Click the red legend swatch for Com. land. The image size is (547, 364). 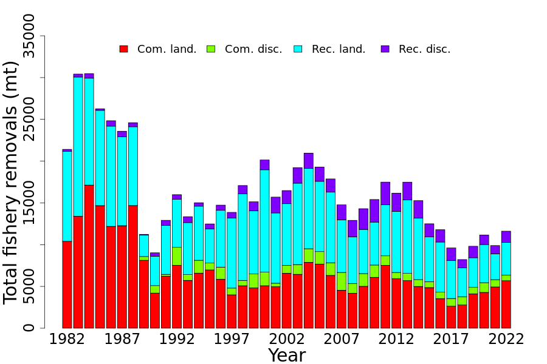pyautogui.click(x=123, y=49)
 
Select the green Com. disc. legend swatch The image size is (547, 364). pyautogui.click(x=211, y=49)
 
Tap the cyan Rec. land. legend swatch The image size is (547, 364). pyautogui.click(x=298, y=49)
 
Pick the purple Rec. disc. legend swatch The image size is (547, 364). pyautogui.click(x=385, y=49)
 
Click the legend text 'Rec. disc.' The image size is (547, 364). pyautogui.click(x=424, y=49)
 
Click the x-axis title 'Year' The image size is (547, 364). pyautogui.click(x=286, y=356)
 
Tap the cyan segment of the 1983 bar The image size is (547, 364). pyautogui.click(x=78, y=146)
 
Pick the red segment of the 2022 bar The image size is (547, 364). pyautogui.click(x=506, y=304)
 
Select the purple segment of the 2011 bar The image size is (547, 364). pyautogui.click(x=385, y=193)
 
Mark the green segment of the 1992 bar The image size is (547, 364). pyautogui.click(x=177, y=256)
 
